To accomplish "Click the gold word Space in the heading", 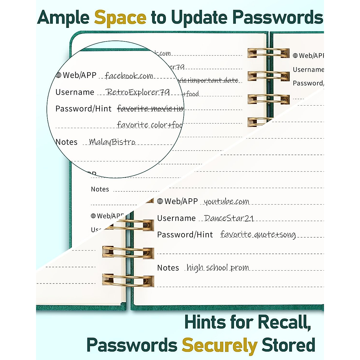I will [120, 17].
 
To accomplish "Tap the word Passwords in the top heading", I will [278, 17].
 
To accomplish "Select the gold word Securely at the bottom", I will [219, 345].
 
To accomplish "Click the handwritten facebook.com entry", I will [129, 76].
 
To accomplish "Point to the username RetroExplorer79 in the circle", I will [138, 92].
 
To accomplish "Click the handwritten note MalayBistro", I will [112, 142].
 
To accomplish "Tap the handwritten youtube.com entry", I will [226, 202].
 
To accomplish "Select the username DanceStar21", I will [229, 218].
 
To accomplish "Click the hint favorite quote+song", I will [258, 235].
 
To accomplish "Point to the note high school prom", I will [218, 268].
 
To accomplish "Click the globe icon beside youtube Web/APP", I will [160, 201].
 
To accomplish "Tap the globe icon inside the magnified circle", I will [58, 75].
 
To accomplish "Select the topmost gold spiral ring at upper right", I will [268, 53].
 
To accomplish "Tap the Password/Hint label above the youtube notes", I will [185, 235].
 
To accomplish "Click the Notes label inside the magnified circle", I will [67, 142].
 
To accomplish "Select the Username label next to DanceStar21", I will [176, 218].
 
